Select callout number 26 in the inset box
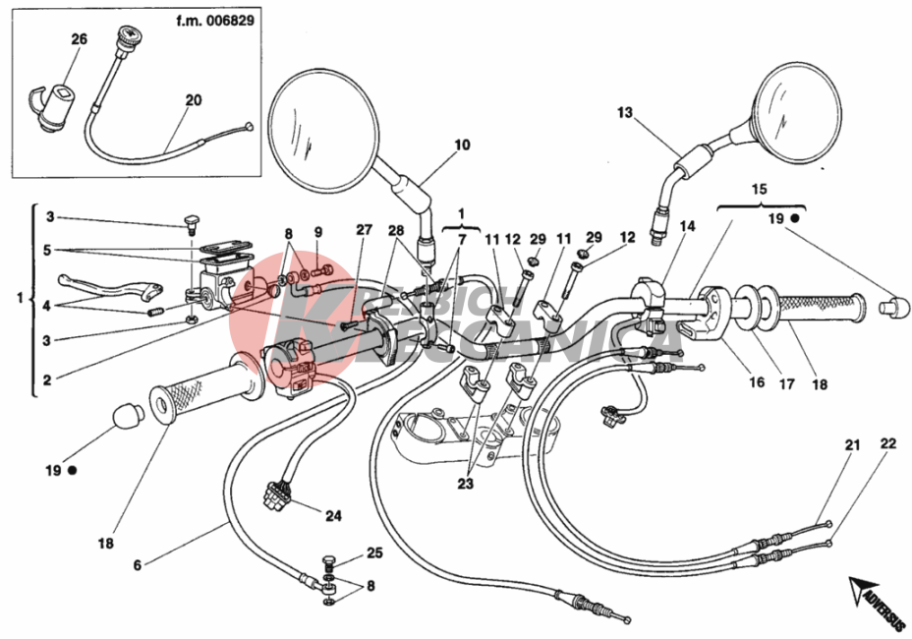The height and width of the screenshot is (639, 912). click(x=79, y=39)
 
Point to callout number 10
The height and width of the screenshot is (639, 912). click(x=461, y=145)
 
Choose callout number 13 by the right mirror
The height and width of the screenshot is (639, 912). click(x=626, y=113)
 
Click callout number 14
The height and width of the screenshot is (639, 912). click(x=687, y=226)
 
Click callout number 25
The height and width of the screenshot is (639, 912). click(x=374, y=552)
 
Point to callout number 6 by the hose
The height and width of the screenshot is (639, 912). click(x=138, y=564)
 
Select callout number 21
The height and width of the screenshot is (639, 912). click(x=852, y=445)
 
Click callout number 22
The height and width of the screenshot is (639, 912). click(x=887, y=444)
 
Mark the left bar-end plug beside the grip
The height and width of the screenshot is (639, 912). click(x=129, y=416)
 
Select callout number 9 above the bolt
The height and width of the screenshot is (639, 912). click(x=318, y=232)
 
